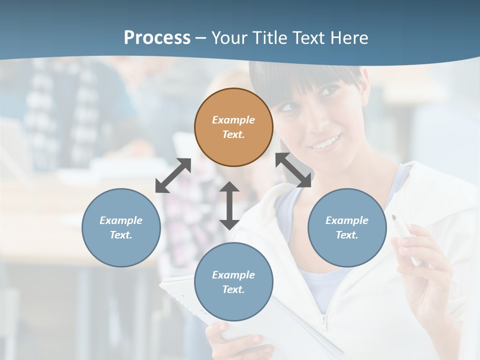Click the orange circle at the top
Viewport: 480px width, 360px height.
(233, 127)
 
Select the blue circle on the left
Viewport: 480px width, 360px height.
(121, 227)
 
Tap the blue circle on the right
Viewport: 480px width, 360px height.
(347, 227)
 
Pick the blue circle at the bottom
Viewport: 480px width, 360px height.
(233, 282)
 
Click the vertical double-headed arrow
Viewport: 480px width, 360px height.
(229, 205)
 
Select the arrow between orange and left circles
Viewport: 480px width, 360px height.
(173, 175)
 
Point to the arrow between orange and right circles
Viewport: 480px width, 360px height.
(293, 170)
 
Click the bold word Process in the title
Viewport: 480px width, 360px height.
(157, 37)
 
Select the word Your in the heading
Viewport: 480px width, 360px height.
(229, 37)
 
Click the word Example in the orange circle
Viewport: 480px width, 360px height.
(233, 120)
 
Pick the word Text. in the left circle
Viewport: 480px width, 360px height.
(121, 235)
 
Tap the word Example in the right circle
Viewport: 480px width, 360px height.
(347, 220)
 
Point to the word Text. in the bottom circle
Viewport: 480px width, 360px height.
(233, 289)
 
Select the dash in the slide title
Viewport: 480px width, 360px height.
(201, 38)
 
